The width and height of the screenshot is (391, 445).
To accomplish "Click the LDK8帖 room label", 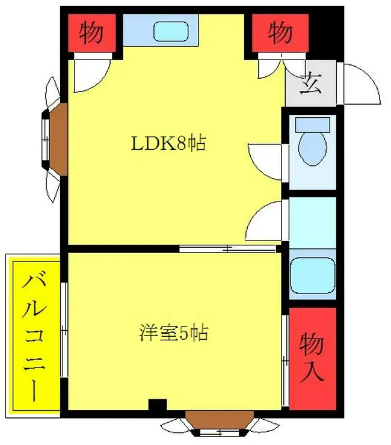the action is [168, 144].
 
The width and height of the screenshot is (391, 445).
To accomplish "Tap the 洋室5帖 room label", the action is [174, 333].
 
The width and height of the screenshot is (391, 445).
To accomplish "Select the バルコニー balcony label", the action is [34, 336].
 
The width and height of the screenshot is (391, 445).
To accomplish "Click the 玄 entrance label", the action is [311, 84].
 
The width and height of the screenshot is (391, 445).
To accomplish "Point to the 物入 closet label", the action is [312, 358].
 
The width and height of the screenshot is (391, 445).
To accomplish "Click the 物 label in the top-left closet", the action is [91, 32].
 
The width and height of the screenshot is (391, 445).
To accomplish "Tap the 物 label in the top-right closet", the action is [280, 32].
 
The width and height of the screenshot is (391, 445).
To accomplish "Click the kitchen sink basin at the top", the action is [171, 32].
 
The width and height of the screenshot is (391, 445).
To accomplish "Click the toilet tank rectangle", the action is [312, 124].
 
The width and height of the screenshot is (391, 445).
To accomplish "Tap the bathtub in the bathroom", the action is [312, 275].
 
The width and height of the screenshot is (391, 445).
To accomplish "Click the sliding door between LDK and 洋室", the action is [228, 249].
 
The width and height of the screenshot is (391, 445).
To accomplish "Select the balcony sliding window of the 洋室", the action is [64, 330].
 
